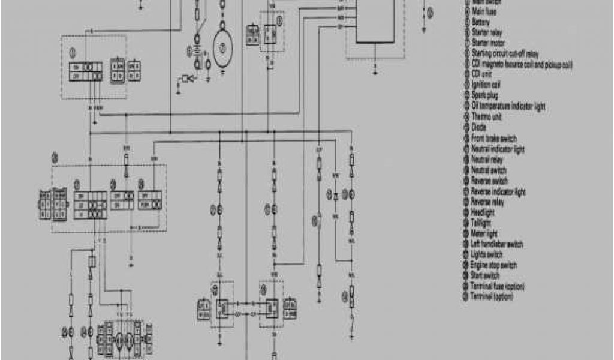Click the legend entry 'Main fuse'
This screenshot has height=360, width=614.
click(486, 11)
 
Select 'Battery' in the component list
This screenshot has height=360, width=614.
click(481, 22)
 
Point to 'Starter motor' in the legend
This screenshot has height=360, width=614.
click(488, 43)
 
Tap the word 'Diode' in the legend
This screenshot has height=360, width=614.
click(479, 127)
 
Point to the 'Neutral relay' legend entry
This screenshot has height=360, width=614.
click(487, 160)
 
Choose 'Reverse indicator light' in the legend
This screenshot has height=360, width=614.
click(498, 191)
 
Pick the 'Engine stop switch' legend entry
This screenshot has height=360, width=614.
click(494, 265)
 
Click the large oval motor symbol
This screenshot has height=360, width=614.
click(223, 47)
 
